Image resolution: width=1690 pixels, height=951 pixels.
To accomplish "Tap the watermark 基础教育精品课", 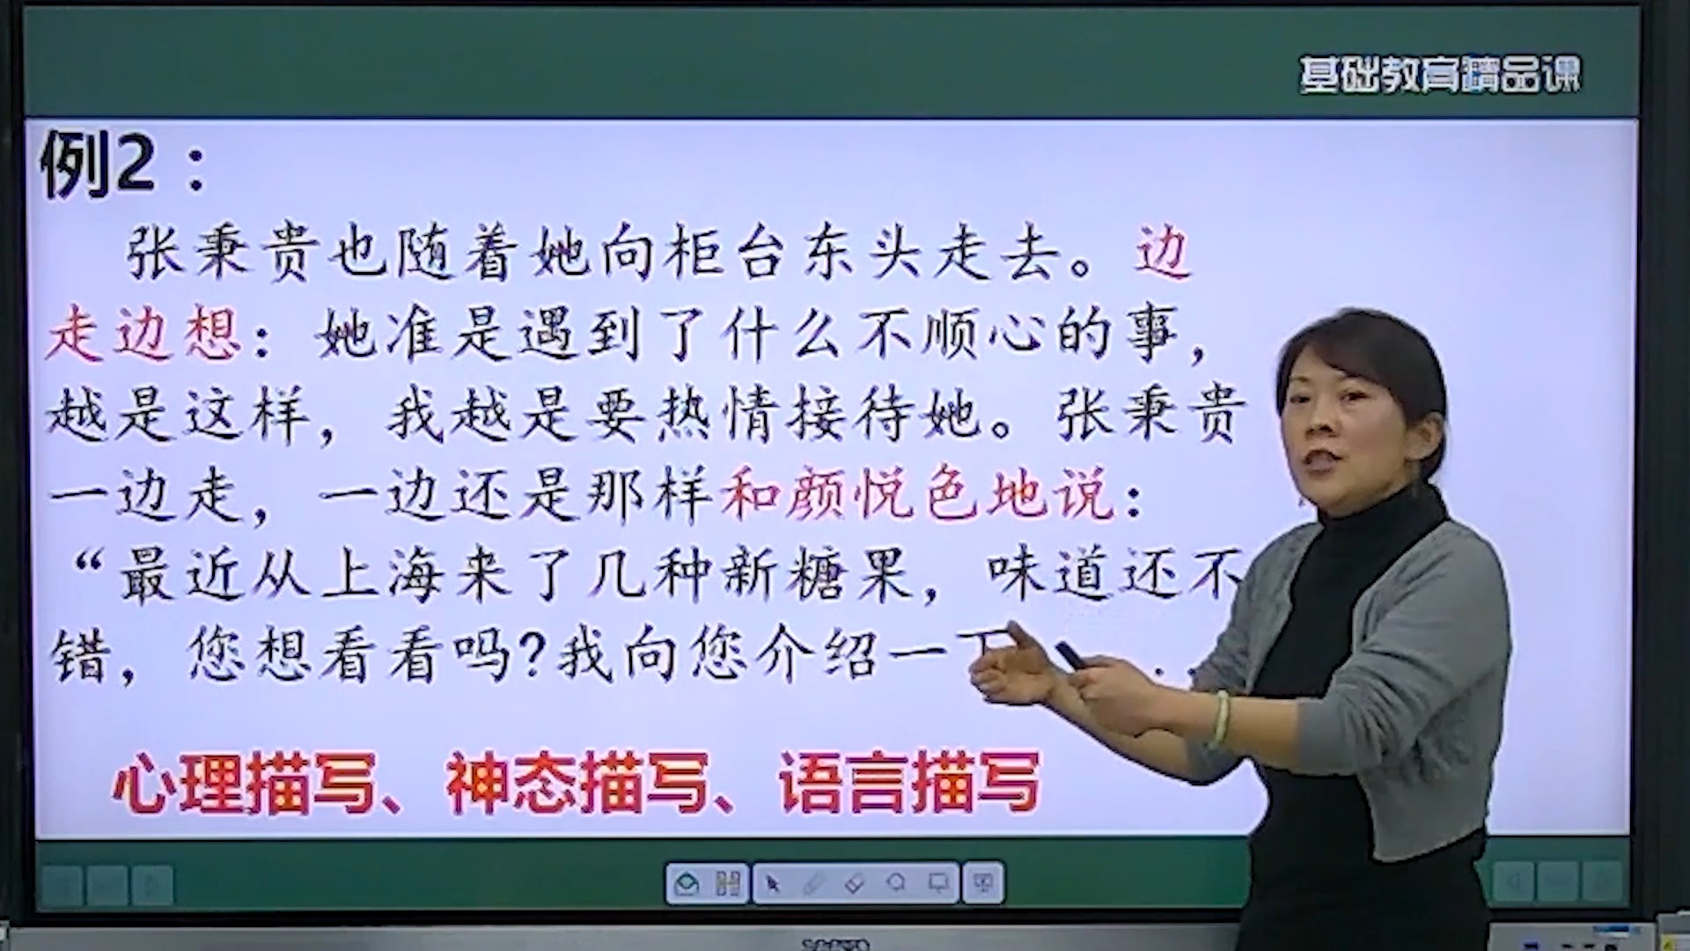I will coord(1439,76).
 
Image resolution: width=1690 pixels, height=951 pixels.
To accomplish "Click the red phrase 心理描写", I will coord(245,783).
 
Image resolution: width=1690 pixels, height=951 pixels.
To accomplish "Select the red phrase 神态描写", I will coord(577,783).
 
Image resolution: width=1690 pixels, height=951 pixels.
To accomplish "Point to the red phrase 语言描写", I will coord(908,783).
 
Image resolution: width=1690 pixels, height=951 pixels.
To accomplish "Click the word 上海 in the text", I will coord(383,576).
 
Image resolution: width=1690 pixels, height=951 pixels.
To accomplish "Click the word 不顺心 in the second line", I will coord(955,335).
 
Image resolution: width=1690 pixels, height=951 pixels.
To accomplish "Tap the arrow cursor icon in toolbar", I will coord(773,883).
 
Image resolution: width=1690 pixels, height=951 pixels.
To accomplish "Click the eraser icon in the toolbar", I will coord(854,883).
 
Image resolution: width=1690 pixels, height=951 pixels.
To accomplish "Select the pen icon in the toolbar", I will coord(813,883).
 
